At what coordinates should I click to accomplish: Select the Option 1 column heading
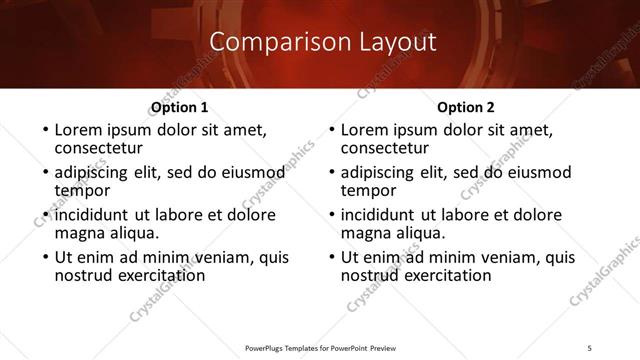pos(179,107)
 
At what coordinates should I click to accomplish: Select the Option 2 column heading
pos(465,107)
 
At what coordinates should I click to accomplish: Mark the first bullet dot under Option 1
pos(44,131)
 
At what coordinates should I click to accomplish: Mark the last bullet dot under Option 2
pos(330,258)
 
